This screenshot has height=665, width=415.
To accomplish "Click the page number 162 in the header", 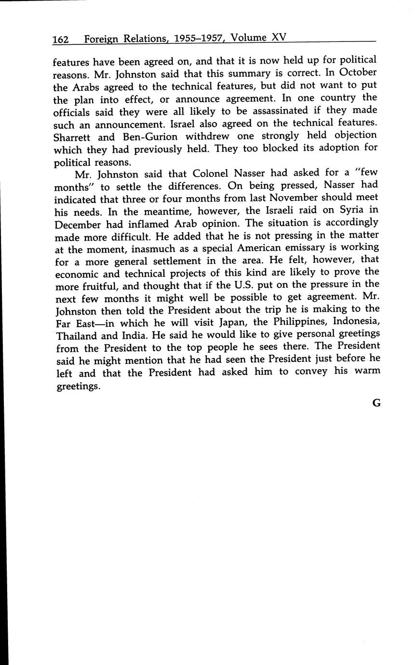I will (x=61, y=40).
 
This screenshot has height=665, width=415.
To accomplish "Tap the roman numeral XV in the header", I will (x=279, y=38).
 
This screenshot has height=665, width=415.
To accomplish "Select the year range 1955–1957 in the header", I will (x=196, y=39).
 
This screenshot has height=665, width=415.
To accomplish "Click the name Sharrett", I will (x=73, y=136).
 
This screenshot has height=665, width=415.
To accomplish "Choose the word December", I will (x=80, y=224).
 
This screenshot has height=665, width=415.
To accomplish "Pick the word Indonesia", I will (x=356, y=322).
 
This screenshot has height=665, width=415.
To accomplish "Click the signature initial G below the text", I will (x=376, y=404).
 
